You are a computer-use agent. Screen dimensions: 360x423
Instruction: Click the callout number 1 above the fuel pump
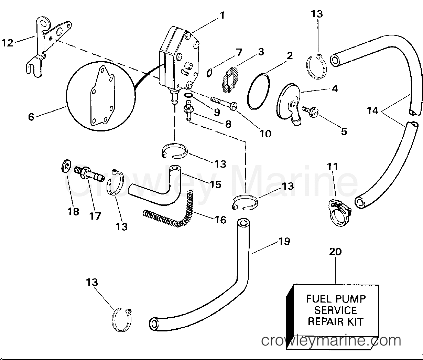pos(222,15)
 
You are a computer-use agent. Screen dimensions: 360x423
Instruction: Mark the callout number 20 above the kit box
pos(335,252)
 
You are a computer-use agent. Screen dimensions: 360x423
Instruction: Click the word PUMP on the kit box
pos(353,298)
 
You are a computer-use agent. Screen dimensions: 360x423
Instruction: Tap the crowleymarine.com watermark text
pos(331,341)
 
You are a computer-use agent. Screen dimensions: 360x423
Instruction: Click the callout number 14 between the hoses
pos(372,111)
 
